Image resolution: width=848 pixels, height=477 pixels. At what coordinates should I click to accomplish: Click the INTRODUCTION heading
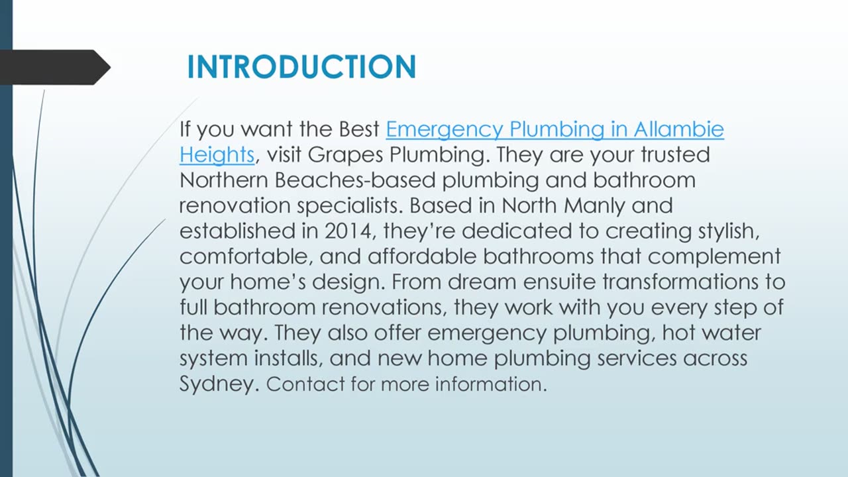tap(301, 67)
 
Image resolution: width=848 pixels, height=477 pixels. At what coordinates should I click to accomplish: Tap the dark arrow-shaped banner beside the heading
tap(55, 68)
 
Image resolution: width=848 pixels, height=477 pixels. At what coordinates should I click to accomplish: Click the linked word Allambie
tap(679, 129)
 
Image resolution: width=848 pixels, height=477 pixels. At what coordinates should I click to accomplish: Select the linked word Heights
tap(217, 156)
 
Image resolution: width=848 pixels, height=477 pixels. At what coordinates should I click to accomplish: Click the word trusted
tap(675, 154)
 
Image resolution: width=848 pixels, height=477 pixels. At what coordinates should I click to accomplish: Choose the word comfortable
tap(246, 257)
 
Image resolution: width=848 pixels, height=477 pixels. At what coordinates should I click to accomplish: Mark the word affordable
tap(422, 256)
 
